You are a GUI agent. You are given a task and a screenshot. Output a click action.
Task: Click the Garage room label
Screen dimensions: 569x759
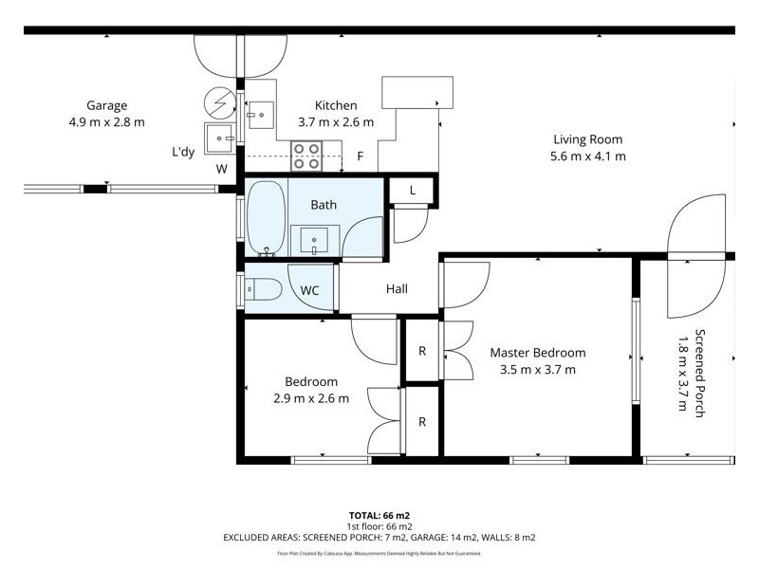106,106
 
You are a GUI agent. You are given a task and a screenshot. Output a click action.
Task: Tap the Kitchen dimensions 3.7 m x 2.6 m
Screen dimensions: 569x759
336,122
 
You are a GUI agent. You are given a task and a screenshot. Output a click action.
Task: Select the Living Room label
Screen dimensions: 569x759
589,139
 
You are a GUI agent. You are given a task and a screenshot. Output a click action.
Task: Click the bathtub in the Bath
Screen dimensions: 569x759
267,218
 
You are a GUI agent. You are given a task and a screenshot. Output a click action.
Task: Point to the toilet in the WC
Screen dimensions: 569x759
263,289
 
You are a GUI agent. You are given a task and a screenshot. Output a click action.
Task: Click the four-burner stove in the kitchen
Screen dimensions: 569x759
305,156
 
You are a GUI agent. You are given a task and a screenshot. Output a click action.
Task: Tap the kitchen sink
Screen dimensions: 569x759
258,115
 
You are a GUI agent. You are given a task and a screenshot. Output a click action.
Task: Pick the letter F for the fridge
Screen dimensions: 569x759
360,156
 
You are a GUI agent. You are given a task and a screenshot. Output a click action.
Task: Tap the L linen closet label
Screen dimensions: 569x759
412,191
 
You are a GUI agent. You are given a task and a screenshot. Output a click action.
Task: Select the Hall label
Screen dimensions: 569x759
397,288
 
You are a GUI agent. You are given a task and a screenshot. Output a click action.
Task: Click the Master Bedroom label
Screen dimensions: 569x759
537,353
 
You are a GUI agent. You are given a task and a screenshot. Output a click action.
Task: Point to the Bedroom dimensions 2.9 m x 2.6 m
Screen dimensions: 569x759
311,398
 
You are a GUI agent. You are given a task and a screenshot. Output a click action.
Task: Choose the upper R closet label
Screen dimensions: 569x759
422,351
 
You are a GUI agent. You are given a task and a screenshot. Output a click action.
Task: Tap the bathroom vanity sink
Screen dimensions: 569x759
314,240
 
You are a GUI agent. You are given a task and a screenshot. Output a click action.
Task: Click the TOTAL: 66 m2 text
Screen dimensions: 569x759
379,515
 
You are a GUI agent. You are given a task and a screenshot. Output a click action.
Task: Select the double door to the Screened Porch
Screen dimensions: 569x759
700,256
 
